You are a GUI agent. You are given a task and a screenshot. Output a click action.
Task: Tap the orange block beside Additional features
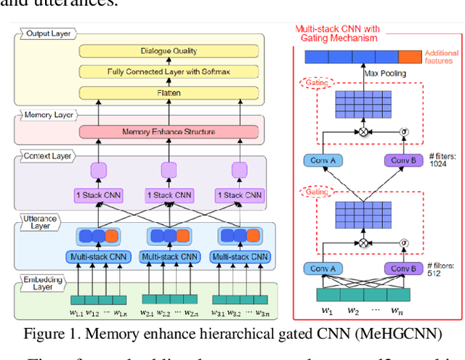pyautogui.click(x=410, y=56)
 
